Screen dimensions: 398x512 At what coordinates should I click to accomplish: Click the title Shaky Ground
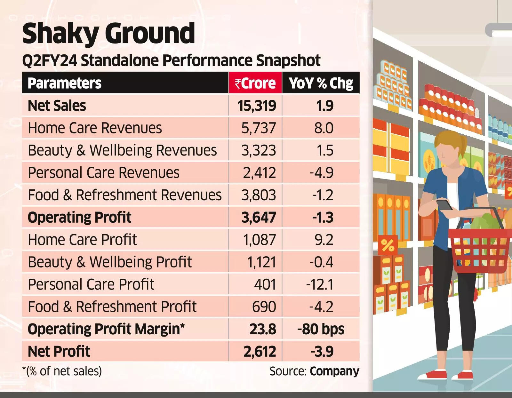(x=108, y=33)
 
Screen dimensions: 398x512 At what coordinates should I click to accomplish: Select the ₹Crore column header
(x=255, y=83)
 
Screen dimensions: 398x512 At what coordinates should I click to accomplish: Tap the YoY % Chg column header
(x=321, y=83)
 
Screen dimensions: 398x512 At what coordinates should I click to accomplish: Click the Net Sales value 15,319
(x=257, y=106)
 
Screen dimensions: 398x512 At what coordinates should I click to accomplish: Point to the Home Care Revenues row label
(x=95, y=128)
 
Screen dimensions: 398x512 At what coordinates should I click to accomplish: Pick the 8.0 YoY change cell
(x=324, y=128)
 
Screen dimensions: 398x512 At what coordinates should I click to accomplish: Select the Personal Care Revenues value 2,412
(x=259, y=173)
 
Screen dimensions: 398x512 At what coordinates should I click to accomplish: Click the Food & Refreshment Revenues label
(x=124, y=195)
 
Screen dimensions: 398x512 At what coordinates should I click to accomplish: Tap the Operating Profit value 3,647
(x=259, y=217)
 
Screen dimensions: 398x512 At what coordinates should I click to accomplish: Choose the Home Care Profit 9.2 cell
(x=324, y=240)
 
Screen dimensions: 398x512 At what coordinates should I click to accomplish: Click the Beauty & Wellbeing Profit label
(x=109, y=262)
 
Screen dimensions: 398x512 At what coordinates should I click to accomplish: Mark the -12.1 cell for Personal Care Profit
(x=320, y=284)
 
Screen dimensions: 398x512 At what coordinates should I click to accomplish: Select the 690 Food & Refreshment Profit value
(x=264, y=306)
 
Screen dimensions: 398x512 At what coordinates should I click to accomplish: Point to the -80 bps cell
(x=321, y=329)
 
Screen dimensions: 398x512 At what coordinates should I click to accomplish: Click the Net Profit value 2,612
(x=260, y=351)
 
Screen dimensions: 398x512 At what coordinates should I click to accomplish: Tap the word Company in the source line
(x=334, y=371)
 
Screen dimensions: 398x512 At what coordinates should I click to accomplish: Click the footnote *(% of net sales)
(x=62, y=371)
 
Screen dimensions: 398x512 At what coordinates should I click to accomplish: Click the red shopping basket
(x=478, y=250)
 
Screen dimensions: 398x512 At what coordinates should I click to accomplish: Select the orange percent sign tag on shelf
(x=388, y=246)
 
